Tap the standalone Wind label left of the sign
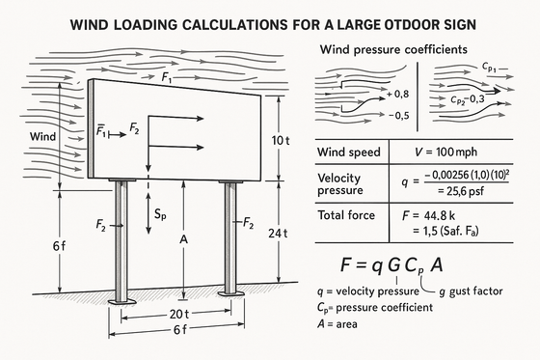[x=42, y=136]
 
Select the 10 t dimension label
[x=281, y=140]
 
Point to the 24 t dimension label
[x=278, y=234]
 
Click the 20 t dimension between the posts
[x=179, y=314]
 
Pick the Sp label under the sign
[x=160, y=214]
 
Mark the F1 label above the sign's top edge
[x=167, y=78]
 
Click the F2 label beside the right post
[x=249, y=223]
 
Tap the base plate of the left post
[x=121, y=302]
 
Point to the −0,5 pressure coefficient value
[x=399, y=116]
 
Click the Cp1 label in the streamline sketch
[x=489, y=68]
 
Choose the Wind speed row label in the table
[x=348, y=152]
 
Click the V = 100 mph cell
[x=445, y=152]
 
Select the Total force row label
[x=346, y=215]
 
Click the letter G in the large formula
[x=394, y=265]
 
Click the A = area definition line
[x=337, y=324]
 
